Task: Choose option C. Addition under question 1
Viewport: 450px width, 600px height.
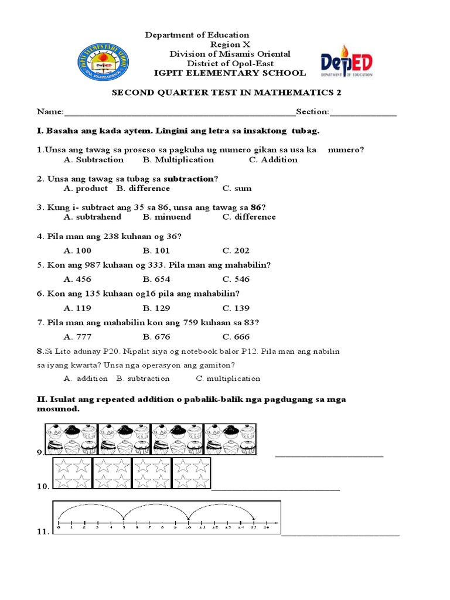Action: pyautogui.click(x=273, y=160)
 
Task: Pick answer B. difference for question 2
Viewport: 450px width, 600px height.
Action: pyautogui.click(x=143, y=189)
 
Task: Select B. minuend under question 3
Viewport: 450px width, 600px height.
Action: pyautogui.click(x=167, y=217)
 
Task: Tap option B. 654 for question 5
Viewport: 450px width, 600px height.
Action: pyautogui.click(x=156, y=279)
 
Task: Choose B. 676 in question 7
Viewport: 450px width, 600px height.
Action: pyautogui.click(x=156, y=337)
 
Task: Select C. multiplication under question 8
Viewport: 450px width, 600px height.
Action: pyautogui.click(x=228, y=379)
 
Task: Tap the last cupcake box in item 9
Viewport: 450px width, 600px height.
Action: pyautogui.click(x=230, y=439)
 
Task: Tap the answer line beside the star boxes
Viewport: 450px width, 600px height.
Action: pyautogui.click(x=275, y=489)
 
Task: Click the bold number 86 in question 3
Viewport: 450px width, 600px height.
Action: pyautogui.click(x=255, y=207)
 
